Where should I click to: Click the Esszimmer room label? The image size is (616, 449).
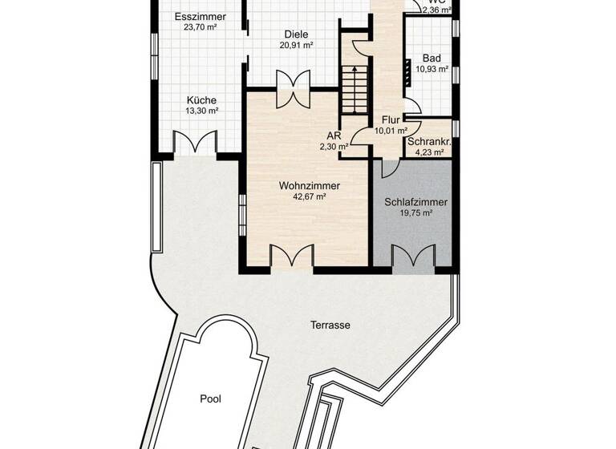point(201,17)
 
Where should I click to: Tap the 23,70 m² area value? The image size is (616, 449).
point(201,27)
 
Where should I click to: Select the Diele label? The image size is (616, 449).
point(296,34)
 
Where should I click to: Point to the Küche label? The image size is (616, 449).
point(201,100)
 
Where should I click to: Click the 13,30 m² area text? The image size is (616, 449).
point(201,111)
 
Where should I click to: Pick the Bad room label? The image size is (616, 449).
point(432,59)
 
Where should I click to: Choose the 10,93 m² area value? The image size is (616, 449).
point(432,70)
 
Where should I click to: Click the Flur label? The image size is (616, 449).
point(391,120)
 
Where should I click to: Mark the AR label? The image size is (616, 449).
point(334,136)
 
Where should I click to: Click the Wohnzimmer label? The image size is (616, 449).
point(310,186)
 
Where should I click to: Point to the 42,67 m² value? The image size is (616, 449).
point(310,196)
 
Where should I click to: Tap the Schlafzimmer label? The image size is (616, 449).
point(415,203)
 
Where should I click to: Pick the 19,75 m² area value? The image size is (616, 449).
point(415,214)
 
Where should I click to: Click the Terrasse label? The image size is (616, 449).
point(330,326)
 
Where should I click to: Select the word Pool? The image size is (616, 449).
point(211,398)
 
